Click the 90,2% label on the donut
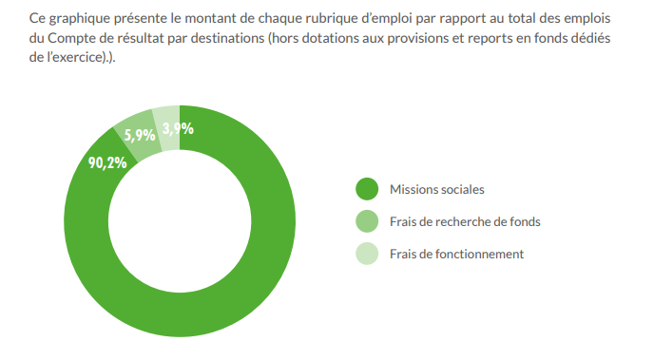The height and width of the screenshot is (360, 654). point(106,162)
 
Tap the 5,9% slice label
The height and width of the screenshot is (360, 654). point(140,136)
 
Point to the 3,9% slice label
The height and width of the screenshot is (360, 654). point(178,129)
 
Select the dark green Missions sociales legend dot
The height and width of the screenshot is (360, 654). point(366,189)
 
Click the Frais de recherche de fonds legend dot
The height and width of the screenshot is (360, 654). point(366,221)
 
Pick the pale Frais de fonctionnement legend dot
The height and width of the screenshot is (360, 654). point(366,254)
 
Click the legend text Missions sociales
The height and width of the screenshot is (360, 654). point(436,189)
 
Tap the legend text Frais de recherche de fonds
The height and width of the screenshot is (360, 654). point(465,221)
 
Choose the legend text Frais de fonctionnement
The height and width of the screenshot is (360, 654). point(456,254)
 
